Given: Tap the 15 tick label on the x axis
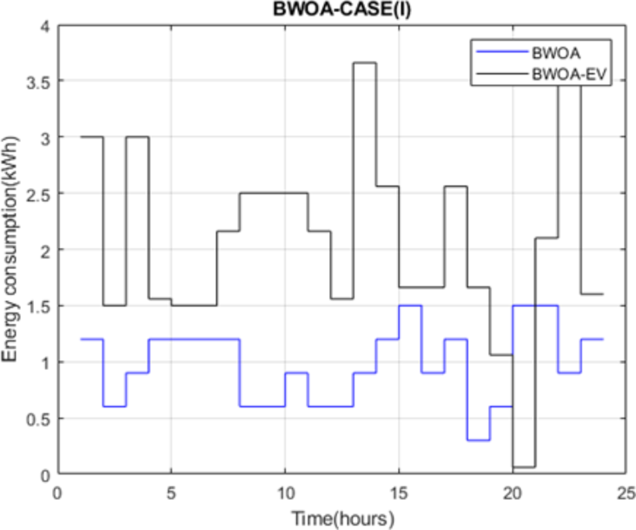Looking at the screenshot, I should pos(399,491).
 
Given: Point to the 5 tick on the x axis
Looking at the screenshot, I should pos(171,491).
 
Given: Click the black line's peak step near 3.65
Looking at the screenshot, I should pos(364,63).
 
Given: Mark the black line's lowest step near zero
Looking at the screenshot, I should pos(523,467).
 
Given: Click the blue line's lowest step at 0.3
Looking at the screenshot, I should pos(478,440).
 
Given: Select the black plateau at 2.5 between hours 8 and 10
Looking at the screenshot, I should pos(262,193).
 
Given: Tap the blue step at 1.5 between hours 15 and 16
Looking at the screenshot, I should pos(410,305).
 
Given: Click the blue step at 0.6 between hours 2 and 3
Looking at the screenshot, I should pos(114,406).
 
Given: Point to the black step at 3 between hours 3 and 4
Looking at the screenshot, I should pos(137,137).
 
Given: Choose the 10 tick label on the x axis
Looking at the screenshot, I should pos(285,491).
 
